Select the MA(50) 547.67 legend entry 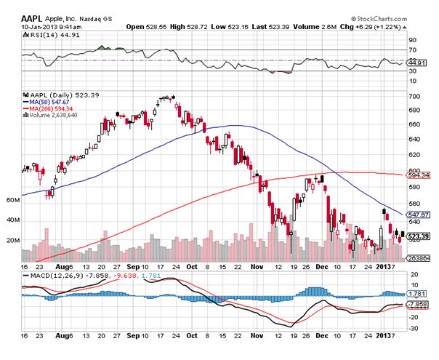(x=54, y=101)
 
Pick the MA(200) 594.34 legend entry (x=55, y=108)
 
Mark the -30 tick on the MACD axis (x=414, y=328)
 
